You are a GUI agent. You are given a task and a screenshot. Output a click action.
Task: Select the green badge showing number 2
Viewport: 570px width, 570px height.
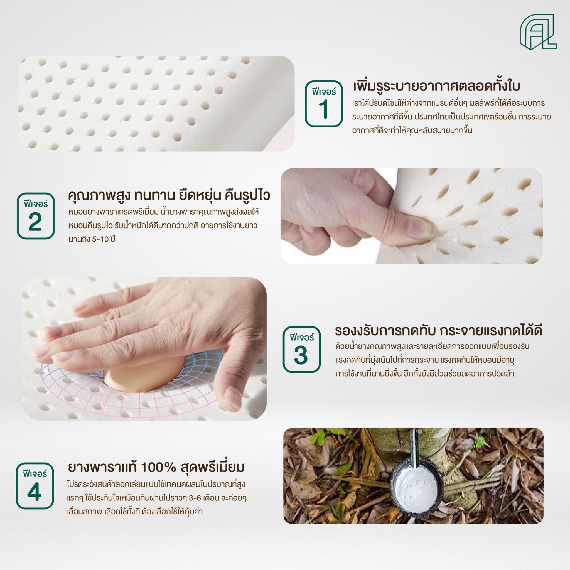(35, 216)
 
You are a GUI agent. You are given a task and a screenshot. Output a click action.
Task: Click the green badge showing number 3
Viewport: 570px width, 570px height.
(301, 349)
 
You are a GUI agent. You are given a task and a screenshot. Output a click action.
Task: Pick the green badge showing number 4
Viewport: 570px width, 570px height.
(35, 486)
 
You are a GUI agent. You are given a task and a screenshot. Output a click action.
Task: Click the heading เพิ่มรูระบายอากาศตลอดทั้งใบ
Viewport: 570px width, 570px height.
(436, 86)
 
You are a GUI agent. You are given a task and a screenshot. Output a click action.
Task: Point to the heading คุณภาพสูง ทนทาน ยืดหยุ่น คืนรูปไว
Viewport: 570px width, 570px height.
(169, 196)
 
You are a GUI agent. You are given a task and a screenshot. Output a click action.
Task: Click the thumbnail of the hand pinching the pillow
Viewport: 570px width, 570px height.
(411, 216)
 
